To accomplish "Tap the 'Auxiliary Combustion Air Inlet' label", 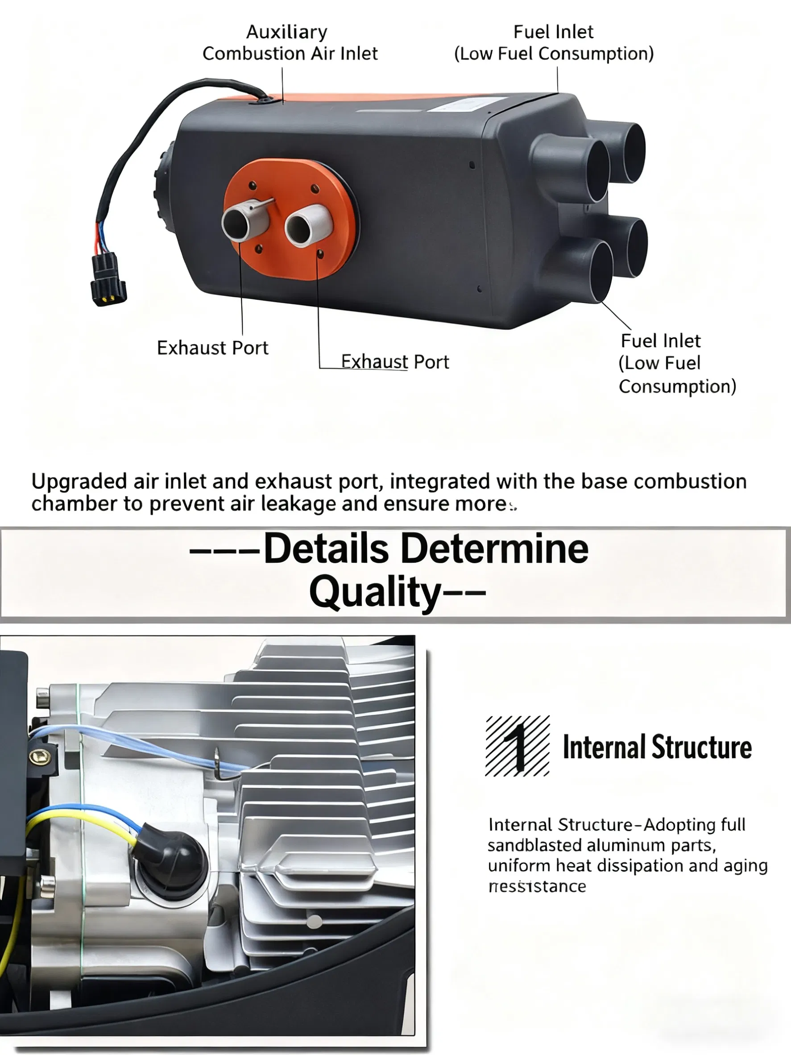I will [290, 42].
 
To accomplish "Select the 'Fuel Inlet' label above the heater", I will [553, 42].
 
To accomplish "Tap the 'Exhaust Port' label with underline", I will [395, 362].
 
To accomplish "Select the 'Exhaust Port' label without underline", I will [212, 348].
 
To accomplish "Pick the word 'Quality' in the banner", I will [375, 592].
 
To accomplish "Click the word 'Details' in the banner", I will [327, 549].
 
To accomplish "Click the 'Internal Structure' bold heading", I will [657, 748].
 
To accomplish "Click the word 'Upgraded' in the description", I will [79, 482].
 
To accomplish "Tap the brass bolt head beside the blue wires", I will [37, 755].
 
